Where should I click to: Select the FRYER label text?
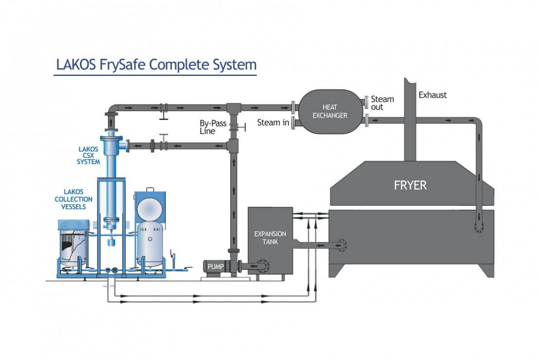tap(411, 185)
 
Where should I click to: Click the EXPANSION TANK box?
tap(270, 238)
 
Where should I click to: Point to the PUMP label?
tap(216, 266)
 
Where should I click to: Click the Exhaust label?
tap(432, 95)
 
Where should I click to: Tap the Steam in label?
tap(272, 123)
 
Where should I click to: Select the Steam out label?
tap(382, 103)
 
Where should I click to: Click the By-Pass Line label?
tap(213, 127)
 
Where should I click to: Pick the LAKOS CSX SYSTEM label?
tap(88, 155)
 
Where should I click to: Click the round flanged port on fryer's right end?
tap(479, 227)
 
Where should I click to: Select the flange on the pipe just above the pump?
tap(234, 251)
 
